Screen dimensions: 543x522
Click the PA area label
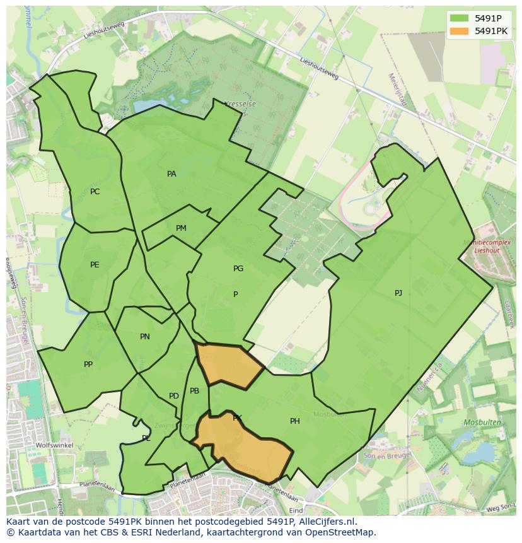point(171,174)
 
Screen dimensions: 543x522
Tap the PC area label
point(95,192)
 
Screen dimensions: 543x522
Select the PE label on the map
point(95,265)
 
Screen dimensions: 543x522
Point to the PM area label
point(181,228)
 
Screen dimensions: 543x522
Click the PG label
point(238,269)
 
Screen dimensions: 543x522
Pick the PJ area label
point(398,293)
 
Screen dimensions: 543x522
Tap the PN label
point(144,337)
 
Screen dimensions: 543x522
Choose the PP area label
point(88,365)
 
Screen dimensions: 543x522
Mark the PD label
point(173,396)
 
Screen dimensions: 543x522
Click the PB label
point(194,391)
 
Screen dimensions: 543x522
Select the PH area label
point(294,421)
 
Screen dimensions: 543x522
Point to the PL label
point(146,438)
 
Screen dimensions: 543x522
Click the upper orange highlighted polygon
point(228,365)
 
